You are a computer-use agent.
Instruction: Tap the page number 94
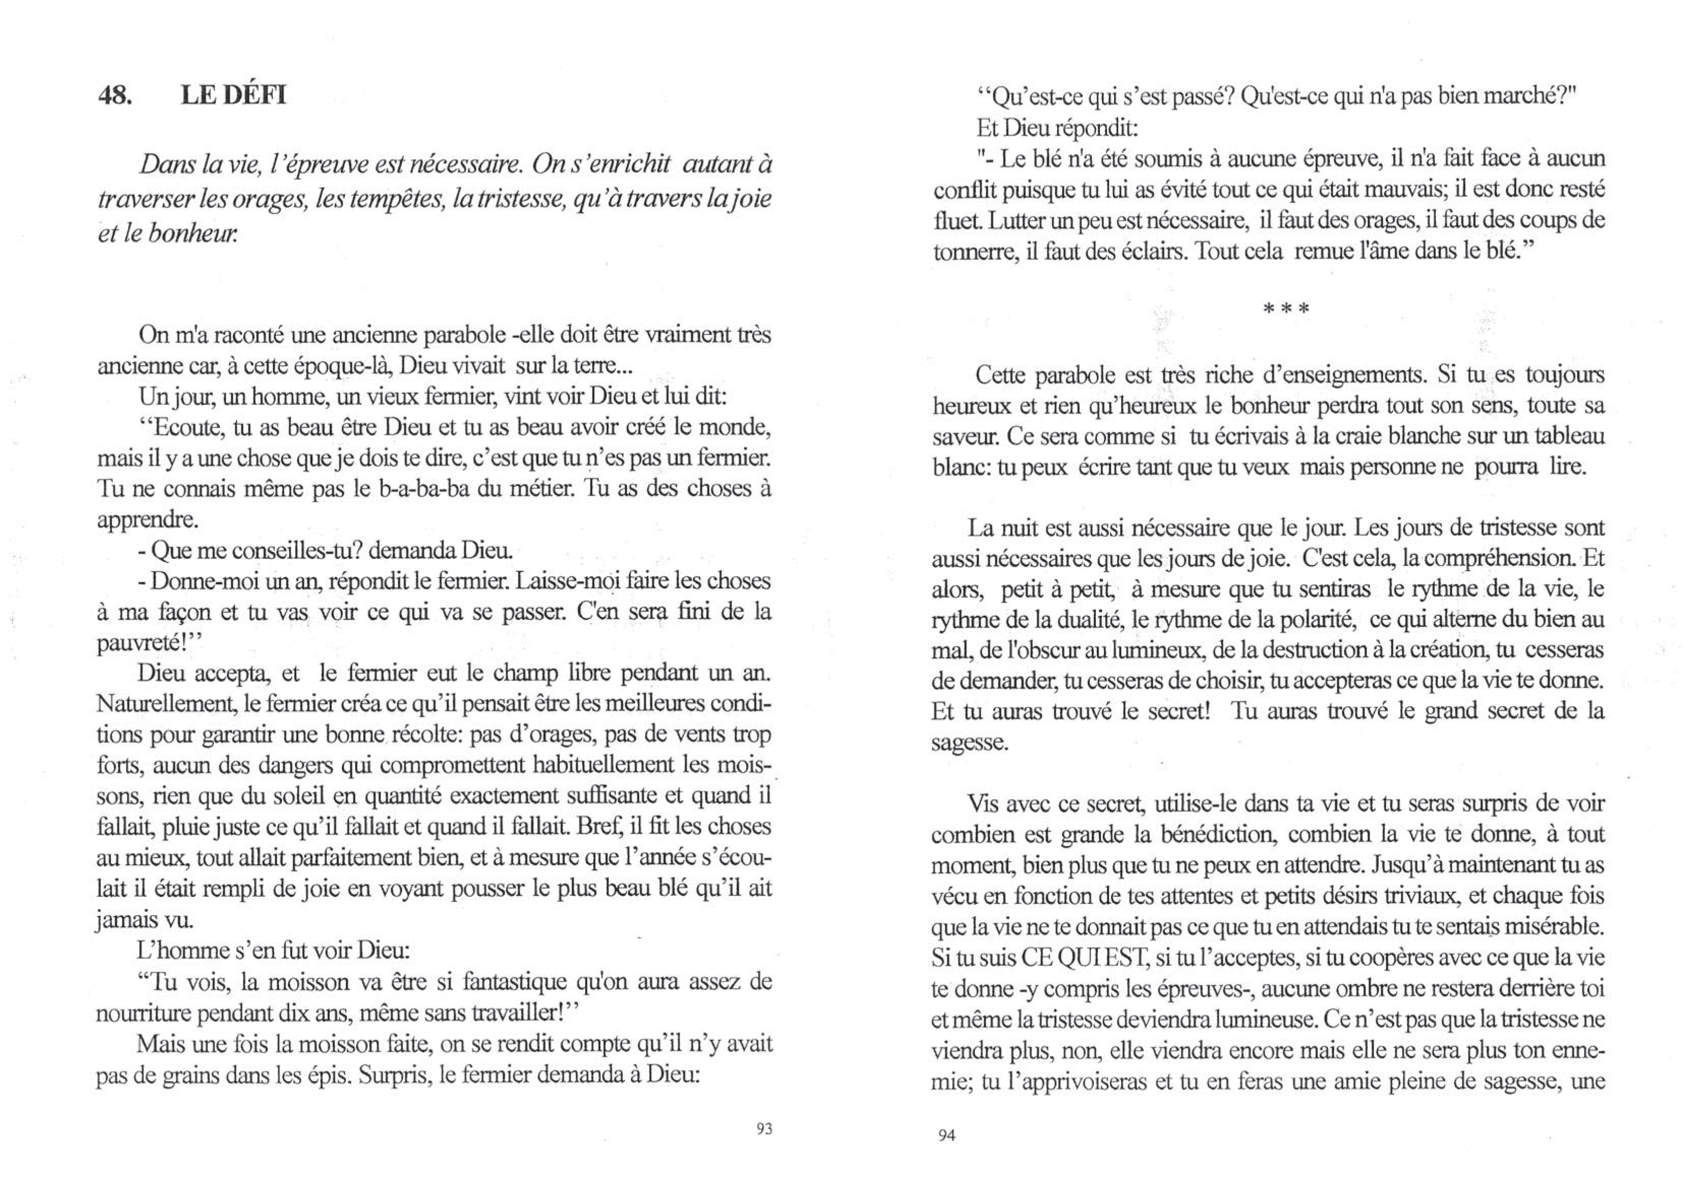click(946, 1135)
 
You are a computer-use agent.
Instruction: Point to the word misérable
click(1555, 927)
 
